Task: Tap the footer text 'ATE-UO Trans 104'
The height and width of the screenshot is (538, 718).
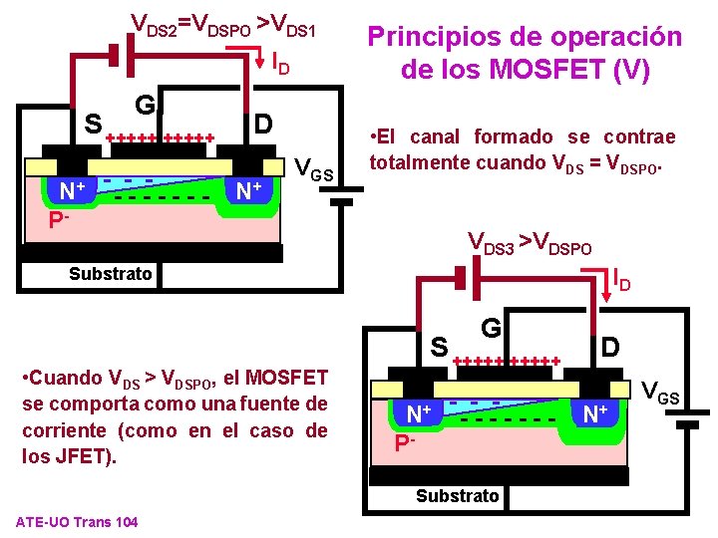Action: pyautogui.click(x=78, y=523)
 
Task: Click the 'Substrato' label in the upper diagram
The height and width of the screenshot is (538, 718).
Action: pyautogui.click(x=111, y=274)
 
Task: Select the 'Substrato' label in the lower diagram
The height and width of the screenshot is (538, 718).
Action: pyautogui.click(x=458, y=495)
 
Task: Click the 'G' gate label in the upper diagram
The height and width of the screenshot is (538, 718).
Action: pyautogui.click(x=146, y=106)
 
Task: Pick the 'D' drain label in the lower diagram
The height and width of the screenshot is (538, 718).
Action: pyautogui.click(x=610, y=348)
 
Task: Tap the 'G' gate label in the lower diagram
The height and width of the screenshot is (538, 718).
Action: pyautogui.click(x=491, y=327)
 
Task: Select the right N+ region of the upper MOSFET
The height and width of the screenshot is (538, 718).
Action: pyautogui.click(x=250, y=190)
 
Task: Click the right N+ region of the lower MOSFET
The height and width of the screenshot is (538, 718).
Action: pyautogui.click(x=596, y=412)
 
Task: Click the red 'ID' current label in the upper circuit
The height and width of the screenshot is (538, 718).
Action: pyautogui.click(x=280, y=65)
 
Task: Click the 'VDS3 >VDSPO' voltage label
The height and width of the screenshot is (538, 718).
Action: pyautogui.click(x=530, y=242)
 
